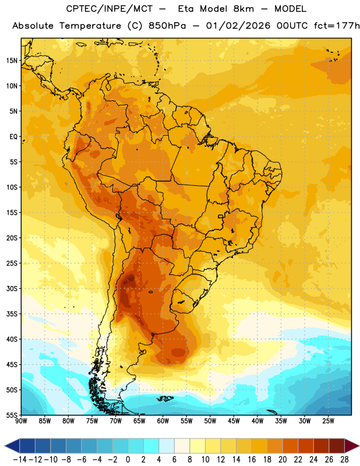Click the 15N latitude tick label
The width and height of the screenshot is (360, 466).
tap(12, 61)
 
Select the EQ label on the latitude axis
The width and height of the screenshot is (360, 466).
tap(13, 137)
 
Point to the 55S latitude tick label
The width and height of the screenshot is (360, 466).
tap(12, 415)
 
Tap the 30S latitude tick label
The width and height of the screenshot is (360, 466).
tap(12, 288)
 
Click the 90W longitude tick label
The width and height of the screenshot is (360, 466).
tap(21, 421)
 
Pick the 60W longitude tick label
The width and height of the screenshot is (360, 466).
tap(163, 421)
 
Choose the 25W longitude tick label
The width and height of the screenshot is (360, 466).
tap(328, 421)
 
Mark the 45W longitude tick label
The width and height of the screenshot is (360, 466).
tap(234, 421)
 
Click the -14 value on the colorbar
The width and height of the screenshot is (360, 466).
tap(20, 460)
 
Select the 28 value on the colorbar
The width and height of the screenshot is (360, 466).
tap(344, 460)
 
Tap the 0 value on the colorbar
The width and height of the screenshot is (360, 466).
tap(128, 460)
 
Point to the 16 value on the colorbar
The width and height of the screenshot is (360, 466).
tap(252, 460)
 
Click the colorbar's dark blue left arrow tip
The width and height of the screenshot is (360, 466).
tap(5, 446)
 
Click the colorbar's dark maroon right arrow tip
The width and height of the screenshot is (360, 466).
tap(359, 446)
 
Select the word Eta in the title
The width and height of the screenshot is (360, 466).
tap(186, 9)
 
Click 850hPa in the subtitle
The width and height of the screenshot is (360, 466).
tap(167, 26)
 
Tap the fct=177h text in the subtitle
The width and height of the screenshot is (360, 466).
tap(337, 26)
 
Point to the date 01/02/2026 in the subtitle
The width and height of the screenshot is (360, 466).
tap(238, 26)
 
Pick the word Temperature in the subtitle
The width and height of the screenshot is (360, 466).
tap(90, 26)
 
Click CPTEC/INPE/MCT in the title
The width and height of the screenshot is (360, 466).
tap(110, 9)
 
